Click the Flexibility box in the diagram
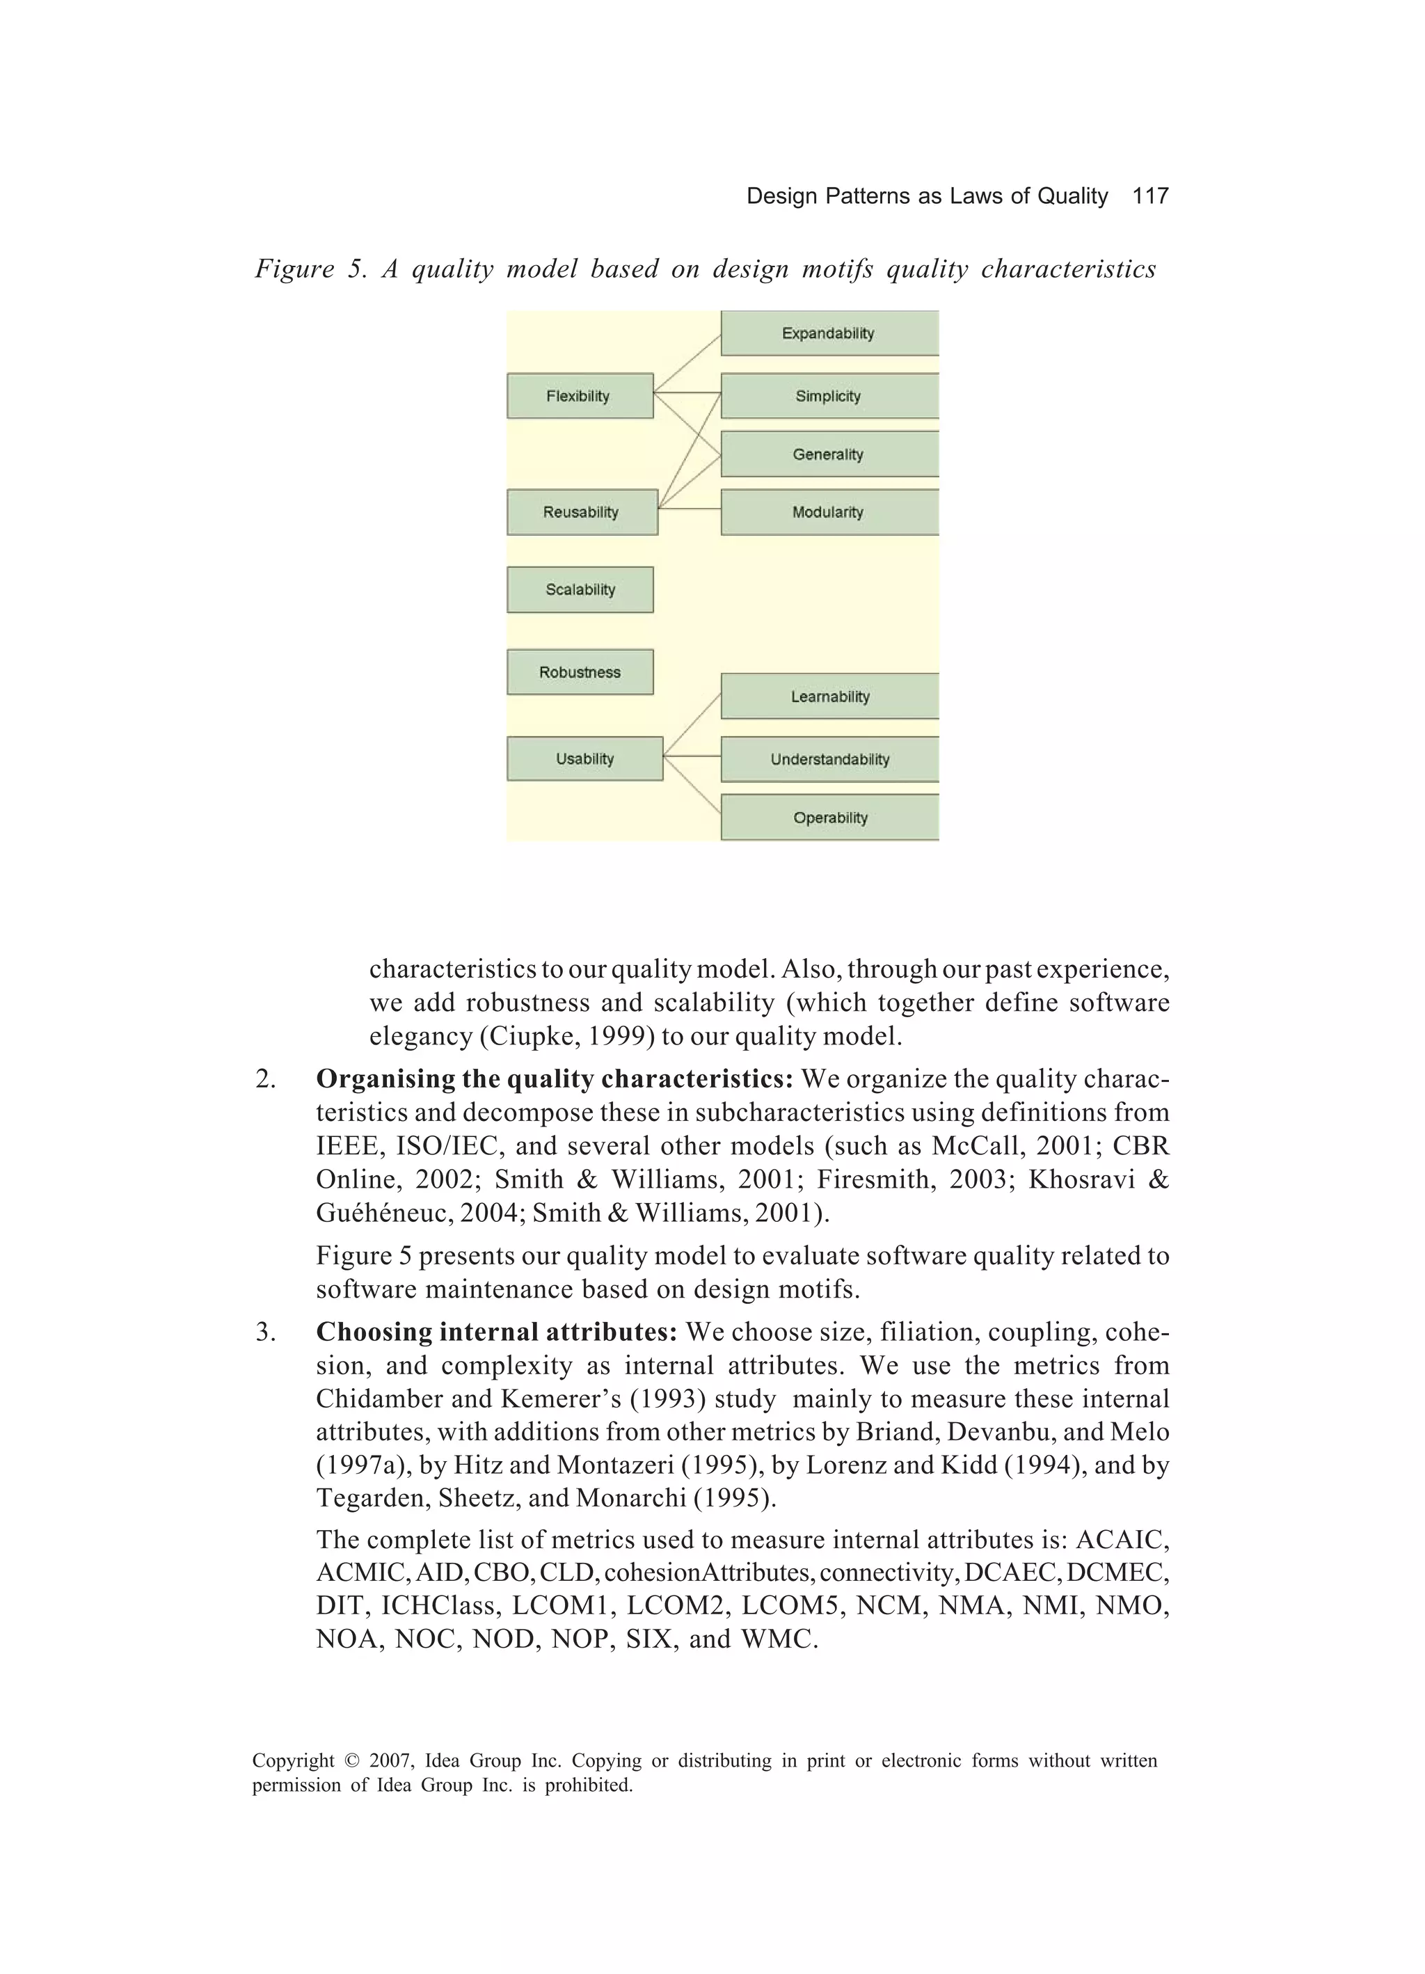pos(580,396)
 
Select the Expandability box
pos(828,333)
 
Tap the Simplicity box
pos(828,396)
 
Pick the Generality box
pos(828,454)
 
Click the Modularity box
pos(828,512)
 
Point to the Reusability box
pos(582,512)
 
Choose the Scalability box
pos(580,589)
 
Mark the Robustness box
pos(580,672)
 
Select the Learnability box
pos(829,697)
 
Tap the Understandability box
pos(829,759)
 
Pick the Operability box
pos(829,818)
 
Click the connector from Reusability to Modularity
pos(690,509)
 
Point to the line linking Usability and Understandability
pos(692,756)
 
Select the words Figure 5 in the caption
pos(310,269)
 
